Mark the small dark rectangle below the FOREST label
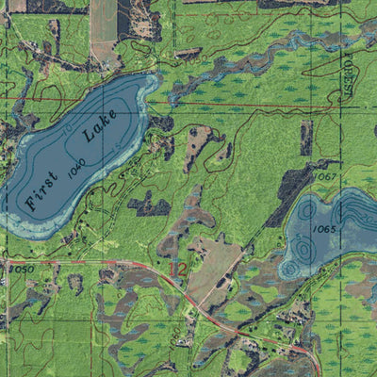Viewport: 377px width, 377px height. click(x=306, y=138)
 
